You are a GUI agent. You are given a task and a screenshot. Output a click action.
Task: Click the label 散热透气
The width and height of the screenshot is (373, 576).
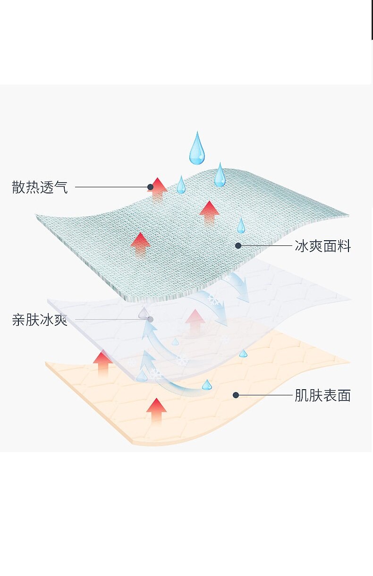pos(40,187)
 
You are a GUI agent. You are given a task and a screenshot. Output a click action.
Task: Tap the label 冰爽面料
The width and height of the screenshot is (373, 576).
pos(322,246)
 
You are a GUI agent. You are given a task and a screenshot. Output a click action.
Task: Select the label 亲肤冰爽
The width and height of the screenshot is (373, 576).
pos(40,320)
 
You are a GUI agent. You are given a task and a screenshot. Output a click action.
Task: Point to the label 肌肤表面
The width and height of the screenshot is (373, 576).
pos(322,395)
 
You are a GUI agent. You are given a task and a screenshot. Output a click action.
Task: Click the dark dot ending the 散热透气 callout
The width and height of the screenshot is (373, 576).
pos(150,187)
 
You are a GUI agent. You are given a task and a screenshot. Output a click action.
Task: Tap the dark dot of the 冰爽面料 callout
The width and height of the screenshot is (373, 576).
pos(238,245)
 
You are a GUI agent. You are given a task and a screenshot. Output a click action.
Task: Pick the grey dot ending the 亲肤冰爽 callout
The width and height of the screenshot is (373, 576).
pos(150,320)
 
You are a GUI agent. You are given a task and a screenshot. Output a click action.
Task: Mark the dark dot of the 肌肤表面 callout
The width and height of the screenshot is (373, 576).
pos(236,395)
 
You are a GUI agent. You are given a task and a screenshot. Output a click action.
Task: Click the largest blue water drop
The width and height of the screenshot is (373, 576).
pos(197,148)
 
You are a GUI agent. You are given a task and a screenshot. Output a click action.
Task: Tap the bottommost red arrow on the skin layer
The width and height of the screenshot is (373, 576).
pos(156,410)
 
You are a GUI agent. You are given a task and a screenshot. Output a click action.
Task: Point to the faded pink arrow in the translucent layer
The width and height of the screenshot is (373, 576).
pos(195,322)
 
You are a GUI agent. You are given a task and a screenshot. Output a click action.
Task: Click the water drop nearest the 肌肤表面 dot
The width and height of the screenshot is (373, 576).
pos(207,385)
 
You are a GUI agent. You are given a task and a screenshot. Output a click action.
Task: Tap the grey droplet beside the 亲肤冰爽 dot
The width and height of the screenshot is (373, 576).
pos(143,312)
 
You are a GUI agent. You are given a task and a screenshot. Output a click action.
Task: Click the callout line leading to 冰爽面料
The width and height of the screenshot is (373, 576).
pos(267,246)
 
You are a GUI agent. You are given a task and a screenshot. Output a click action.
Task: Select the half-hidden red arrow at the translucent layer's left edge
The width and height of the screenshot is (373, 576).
pos(102,362)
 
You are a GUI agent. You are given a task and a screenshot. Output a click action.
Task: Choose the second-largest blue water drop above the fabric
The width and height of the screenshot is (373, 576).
pos(220,175)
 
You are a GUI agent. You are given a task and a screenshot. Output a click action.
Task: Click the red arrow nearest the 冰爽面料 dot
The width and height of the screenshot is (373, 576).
pos(209,212)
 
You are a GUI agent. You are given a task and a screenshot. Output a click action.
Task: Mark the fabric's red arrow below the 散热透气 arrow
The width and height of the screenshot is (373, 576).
pos(140,243)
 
